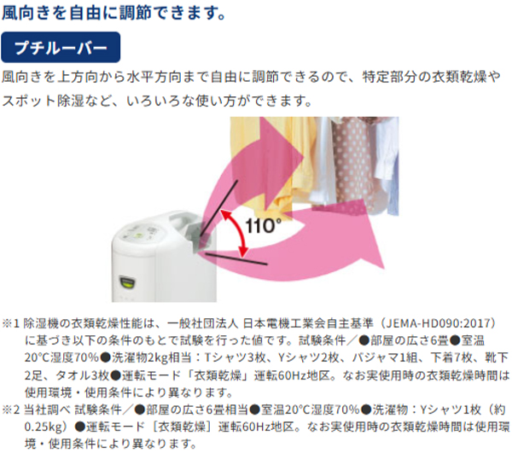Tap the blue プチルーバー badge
pyautogui.click(x=60, y=45)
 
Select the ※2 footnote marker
pyautogui.click(x=11, y=409)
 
